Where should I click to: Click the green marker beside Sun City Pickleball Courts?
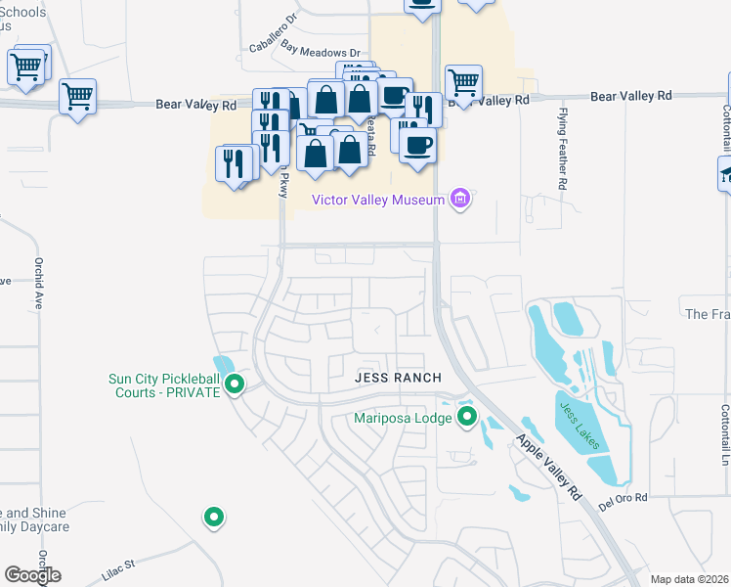(235, 384)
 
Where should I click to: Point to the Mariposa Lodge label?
(403, 419)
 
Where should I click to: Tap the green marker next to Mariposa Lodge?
(467, 419)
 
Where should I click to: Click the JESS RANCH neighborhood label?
(398, 378)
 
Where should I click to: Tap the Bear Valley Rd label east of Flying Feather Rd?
(631, 96)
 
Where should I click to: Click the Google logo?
(32, 575)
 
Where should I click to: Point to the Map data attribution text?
(690, 580)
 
